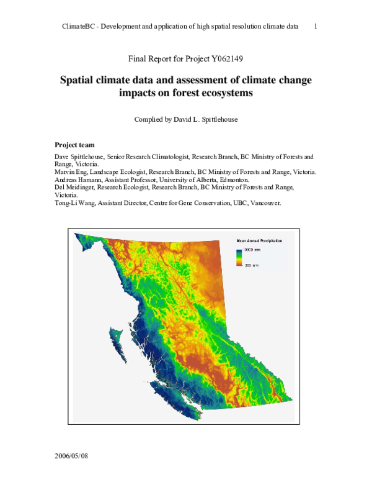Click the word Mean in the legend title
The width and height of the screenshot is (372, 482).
[241, 240]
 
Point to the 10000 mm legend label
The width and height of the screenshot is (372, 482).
[252, 250]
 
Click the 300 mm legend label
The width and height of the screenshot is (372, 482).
[251, 265]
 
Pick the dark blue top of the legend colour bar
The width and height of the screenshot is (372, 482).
[239, 251]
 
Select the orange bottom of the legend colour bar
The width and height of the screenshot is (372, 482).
[239, 265]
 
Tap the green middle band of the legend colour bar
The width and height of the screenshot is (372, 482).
[239, 256]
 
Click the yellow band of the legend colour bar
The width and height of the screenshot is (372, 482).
[239, 260]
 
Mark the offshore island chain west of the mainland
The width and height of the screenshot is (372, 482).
[117, 343]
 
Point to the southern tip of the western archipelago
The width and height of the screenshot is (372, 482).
[125, 363]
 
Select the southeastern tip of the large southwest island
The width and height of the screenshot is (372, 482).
[199, 419]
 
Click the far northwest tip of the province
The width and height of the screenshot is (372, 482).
[75, 234]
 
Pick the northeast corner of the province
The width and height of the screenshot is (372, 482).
[219, 240]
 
